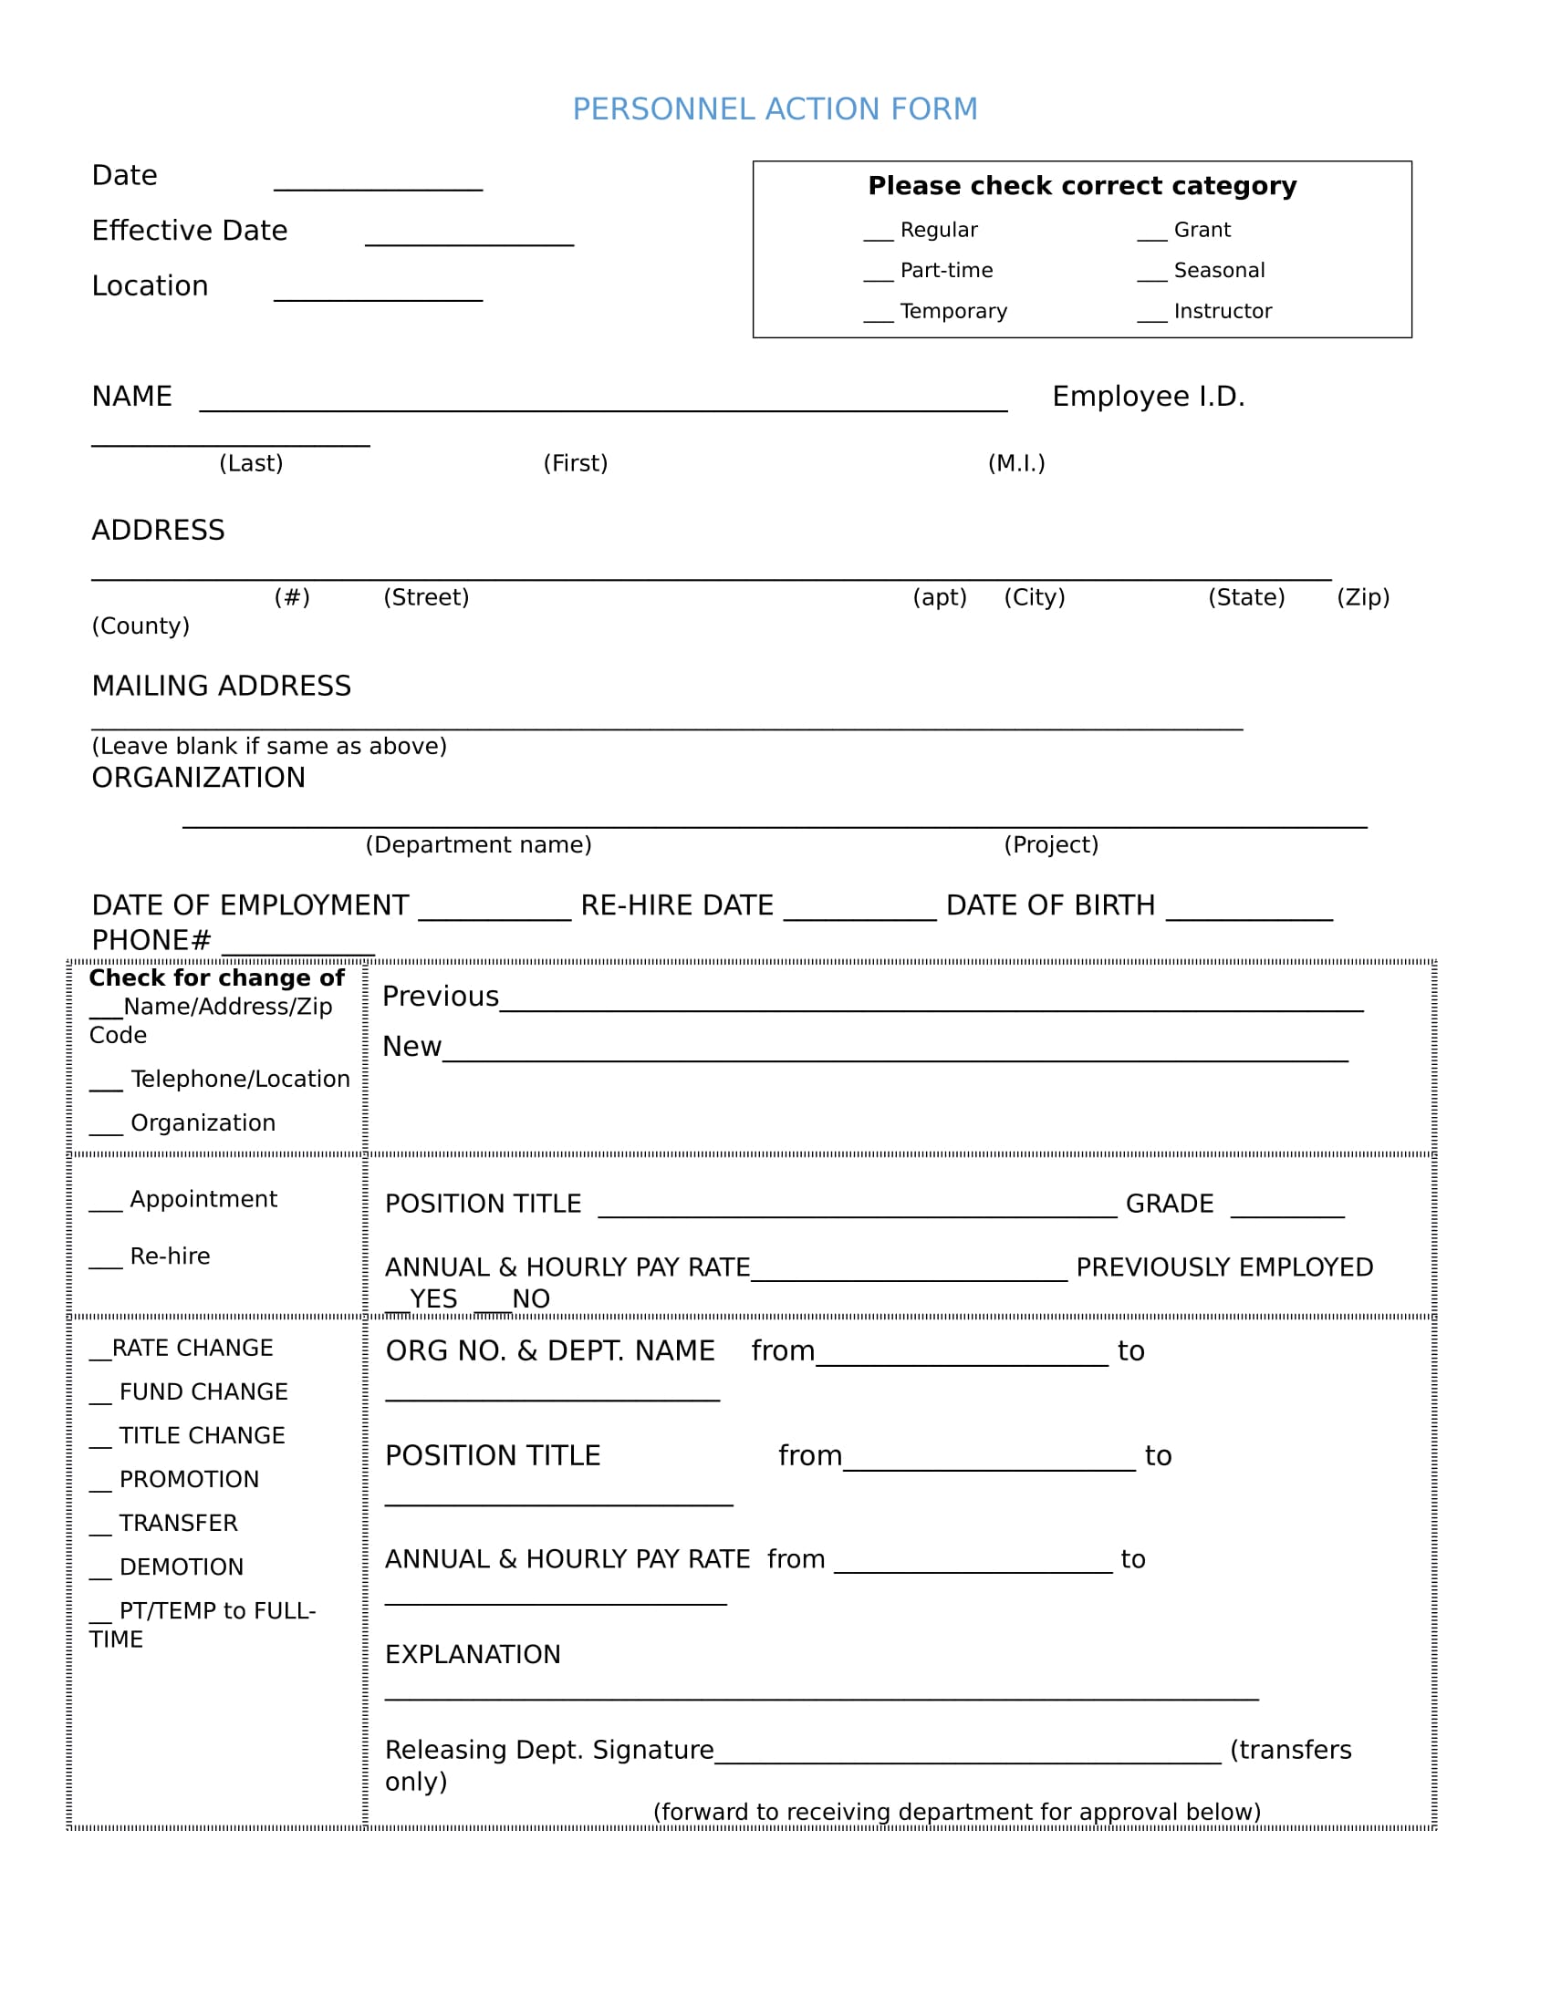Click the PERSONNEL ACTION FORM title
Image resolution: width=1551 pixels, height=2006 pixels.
tap(775, 109)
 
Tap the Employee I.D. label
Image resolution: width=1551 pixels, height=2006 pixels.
tap(1148, 397)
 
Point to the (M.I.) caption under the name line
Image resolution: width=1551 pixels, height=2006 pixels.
tap(1016, 463)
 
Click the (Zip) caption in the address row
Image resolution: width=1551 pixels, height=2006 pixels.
tap(1363, 597)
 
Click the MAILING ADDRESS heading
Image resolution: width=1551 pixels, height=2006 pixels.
tap(222, 686)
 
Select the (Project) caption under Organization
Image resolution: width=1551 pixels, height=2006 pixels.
tap(1050, 844)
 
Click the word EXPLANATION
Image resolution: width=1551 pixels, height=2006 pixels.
tap(473, 1654)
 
